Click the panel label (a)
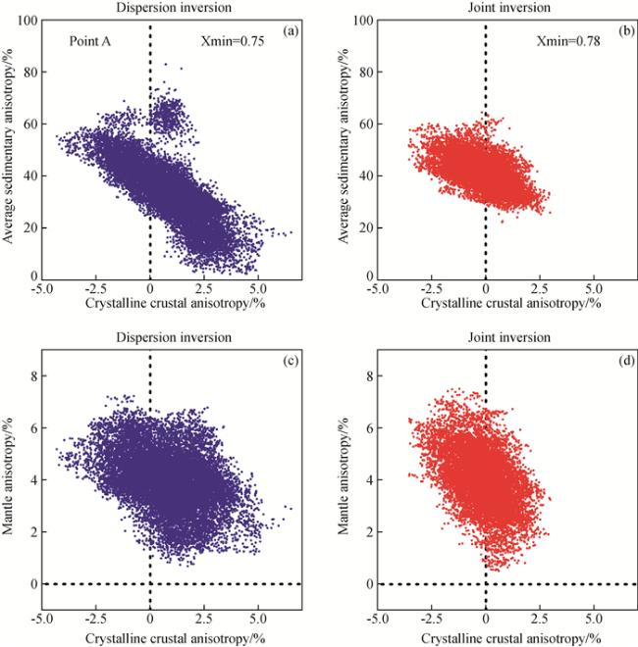tap(290, 32)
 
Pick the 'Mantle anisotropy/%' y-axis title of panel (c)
tap(10, 480)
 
